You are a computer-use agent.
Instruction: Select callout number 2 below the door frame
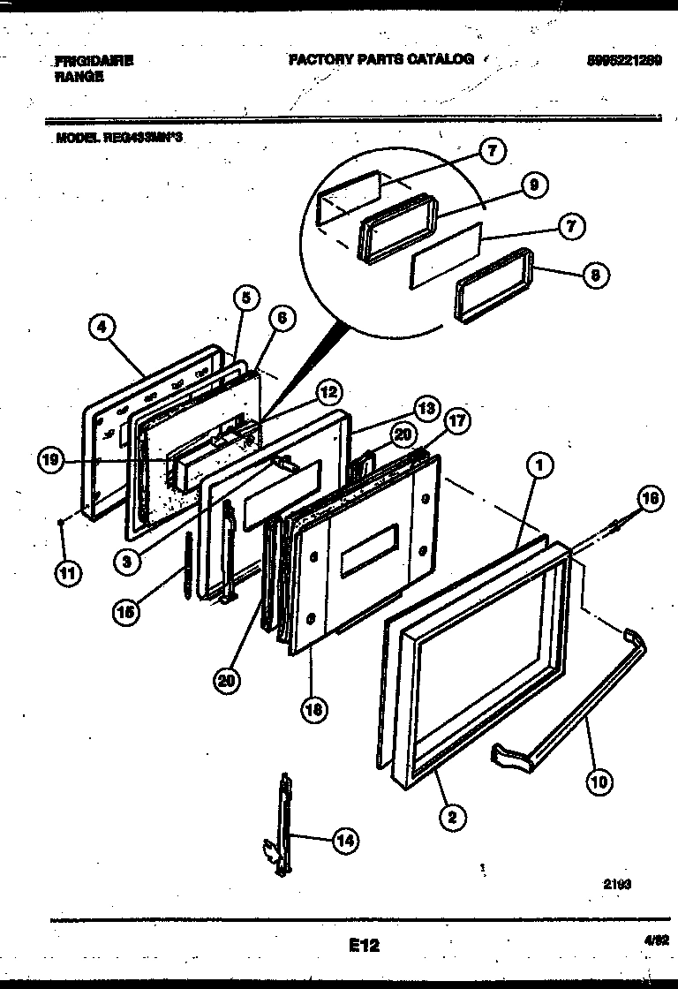click(451, 817)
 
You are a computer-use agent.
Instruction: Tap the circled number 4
click(102, 328)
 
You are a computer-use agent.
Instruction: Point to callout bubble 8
click(595, 274)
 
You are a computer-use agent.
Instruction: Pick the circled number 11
click(67, 574)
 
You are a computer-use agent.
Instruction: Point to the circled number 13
click(426, 408)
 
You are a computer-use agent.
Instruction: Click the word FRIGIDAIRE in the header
click(94, 61)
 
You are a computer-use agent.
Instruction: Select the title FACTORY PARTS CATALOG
click(380, 59)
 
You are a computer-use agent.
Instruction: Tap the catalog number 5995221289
click(623, 60)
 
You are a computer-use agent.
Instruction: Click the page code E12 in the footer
click(363, 945)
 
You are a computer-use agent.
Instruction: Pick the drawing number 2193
click(619, 883)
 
